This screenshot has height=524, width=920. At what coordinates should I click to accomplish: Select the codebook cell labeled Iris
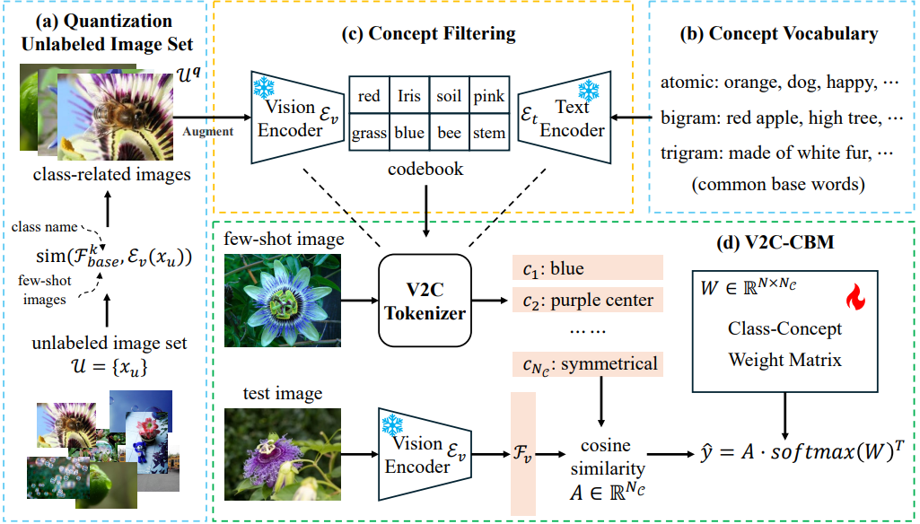(x=408, y=96)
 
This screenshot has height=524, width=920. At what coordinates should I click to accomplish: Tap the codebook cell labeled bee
(x=449, y=133)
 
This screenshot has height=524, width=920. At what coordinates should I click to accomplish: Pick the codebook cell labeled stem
(x=489, y=133)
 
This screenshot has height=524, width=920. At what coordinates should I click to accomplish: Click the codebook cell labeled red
(x=369, y=96)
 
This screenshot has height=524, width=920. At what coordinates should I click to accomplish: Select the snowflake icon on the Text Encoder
(x=588, y=91)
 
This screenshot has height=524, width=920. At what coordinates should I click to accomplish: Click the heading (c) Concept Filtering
(x=429, y=34)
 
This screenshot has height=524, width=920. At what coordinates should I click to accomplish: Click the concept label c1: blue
(x=586, y=267)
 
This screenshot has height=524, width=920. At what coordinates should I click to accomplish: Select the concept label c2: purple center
(x=586, y=300)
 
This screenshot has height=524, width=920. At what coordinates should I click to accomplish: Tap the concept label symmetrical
(x=586, y=365)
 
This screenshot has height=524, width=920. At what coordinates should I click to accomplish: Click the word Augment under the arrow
(x=210, y=131)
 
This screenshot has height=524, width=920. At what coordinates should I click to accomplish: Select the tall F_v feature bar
(x=521, y=456)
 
